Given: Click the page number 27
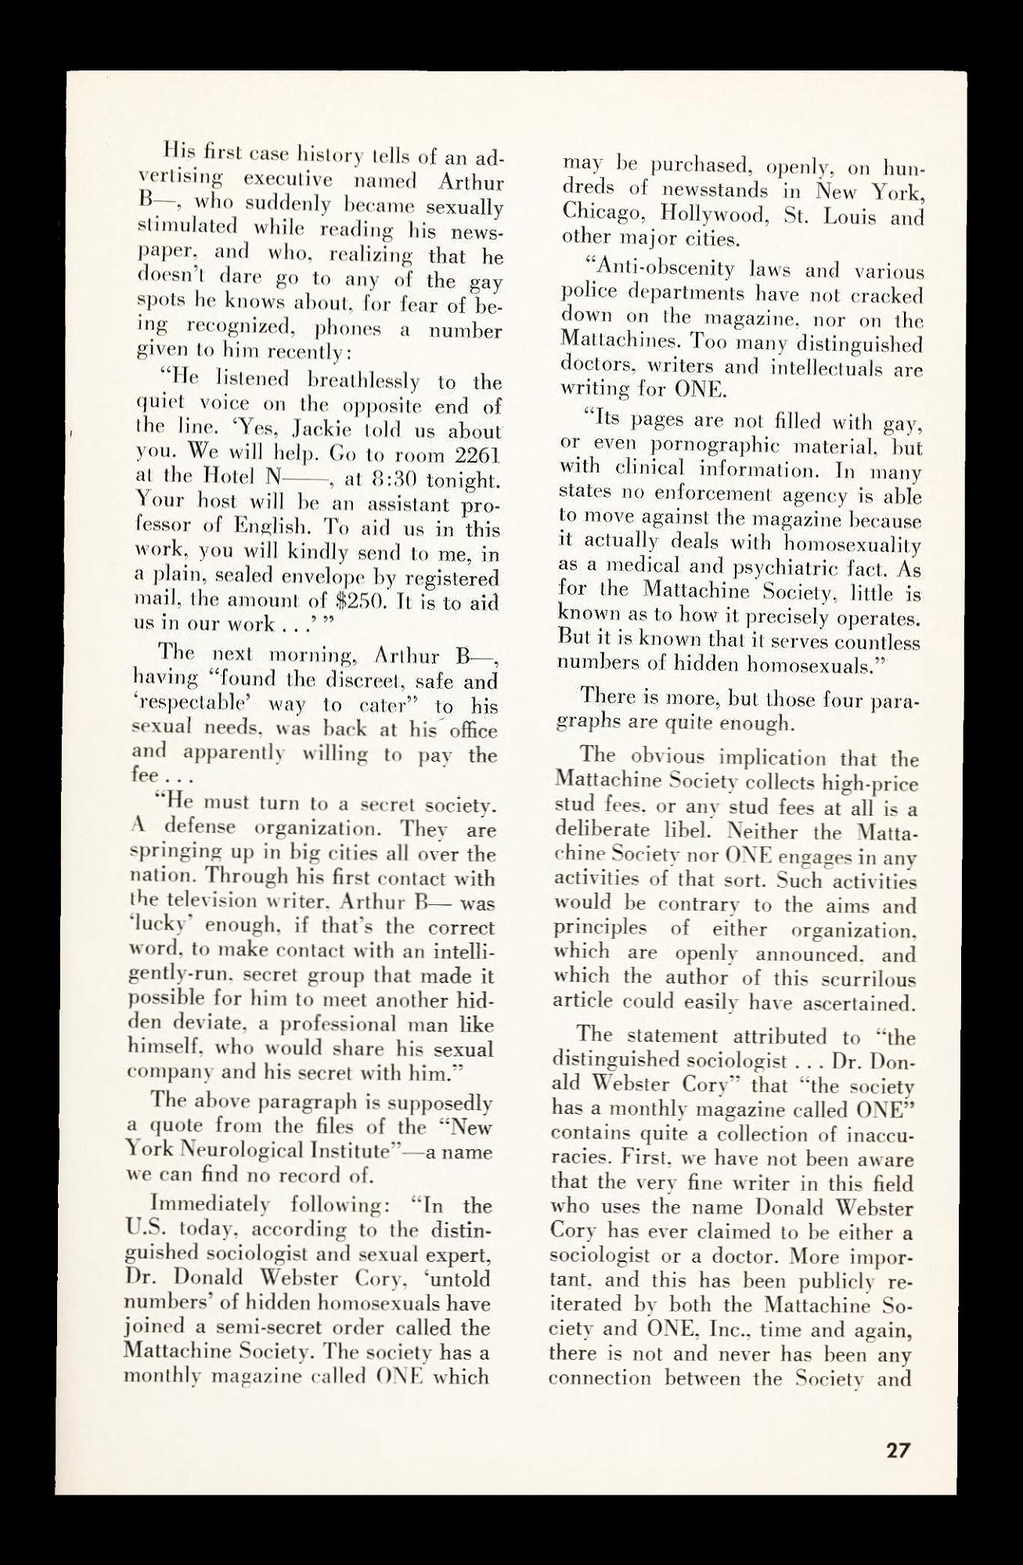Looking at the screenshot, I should pos(899,1451).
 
